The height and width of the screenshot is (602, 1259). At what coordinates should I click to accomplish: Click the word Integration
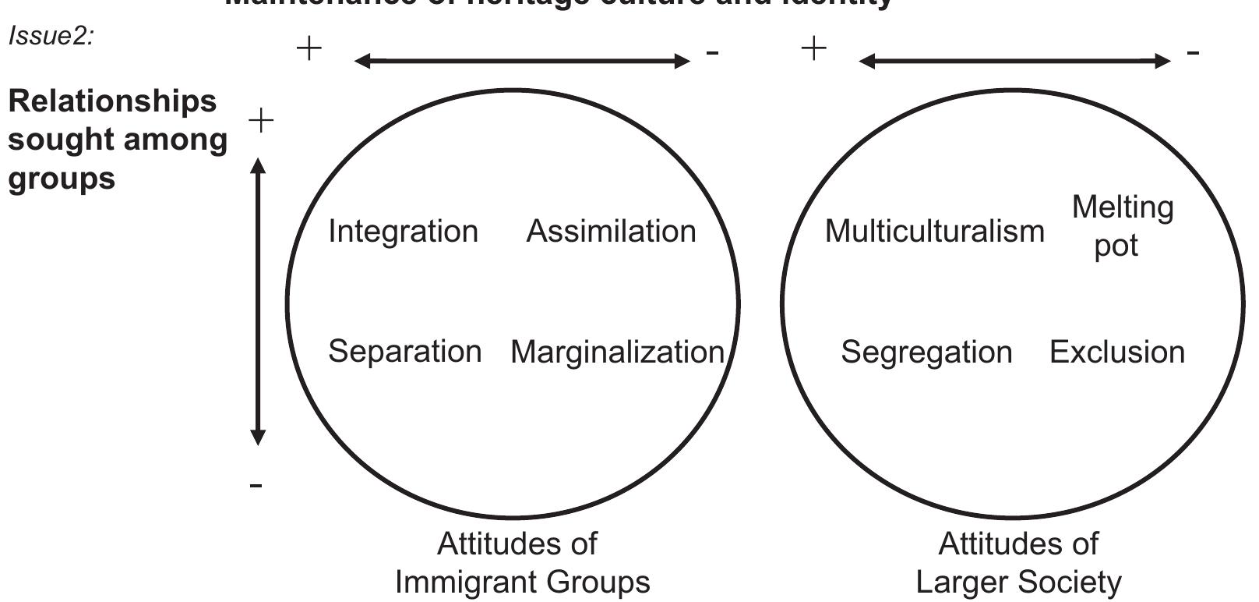(x=403, y=232)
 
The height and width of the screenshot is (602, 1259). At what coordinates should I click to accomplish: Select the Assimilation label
(x=611, y=232)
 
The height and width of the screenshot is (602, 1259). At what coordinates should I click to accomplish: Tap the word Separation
(x=404, y=352)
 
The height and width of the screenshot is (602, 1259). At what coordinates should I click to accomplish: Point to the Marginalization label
(x=617, y=352)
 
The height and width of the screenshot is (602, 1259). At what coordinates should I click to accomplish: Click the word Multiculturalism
(x=934, y=232)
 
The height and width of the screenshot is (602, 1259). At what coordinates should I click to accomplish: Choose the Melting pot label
(x=1121, y=226)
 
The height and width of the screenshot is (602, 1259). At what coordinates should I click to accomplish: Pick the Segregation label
(x=926, y=352)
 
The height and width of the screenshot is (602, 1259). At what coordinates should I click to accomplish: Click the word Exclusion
(x=1116, y=352)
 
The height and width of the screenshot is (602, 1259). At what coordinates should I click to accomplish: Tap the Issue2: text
(x=51, y=37)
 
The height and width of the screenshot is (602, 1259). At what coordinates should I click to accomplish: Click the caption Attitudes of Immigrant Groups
(x=521, y=562)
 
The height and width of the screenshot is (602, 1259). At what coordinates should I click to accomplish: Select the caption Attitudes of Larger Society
(x=1018, y=562)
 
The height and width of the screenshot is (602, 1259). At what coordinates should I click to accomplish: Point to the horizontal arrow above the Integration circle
(x=522, y=61)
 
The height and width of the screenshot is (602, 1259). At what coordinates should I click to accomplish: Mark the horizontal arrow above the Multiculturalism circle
(x=1014, y=61)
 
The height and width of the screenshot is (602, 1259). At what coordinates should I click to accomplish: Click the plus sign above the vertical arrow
(x=261, y=121)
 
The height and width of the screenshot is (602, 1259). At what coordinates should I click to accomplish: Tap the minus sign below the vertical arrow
(x=256, y=486)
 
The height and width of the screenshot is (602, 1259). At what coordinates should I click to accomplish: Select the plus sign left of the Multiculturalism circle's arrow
(x=813, y=49)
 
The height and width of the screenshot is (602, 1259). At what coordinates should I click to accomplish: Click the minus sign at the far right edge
(x=1193, y=53)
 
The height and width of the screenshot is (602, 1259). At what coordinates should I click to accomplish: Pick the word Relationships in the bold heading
(x=112, y=101)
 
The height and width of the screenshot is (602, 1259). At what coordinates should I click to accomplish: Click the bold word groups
(x=62, y=179)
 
